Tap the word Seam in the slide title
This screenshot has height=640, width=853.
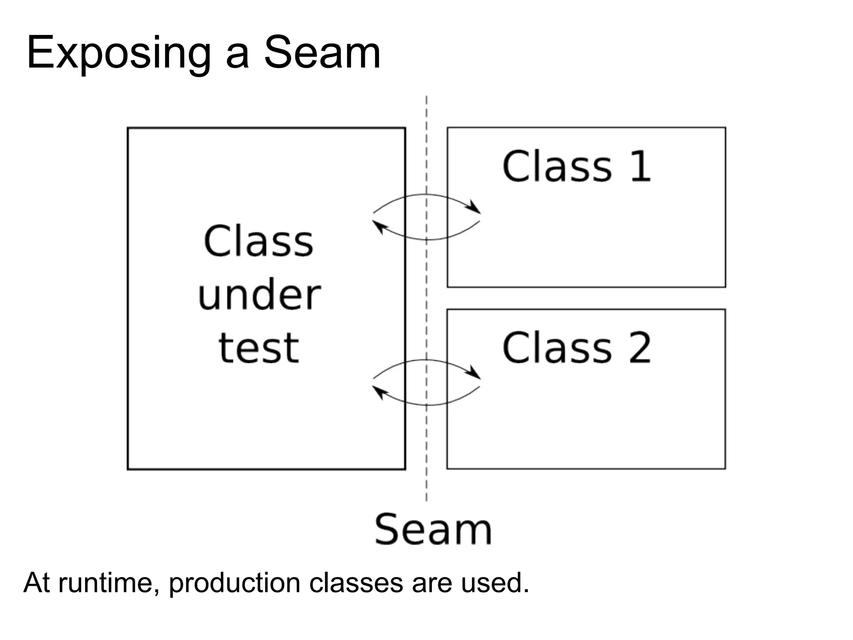pyautogui.click(x=322, y=53)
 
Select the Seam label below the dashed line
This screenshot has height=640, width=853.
pyautogui.click(x=433, y=530)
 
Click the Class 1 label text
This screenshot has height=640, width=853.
pyautogui.click(x=576, y=167)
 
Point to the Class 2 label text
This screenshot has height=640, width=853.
pyautogui.click(x=576, y=348)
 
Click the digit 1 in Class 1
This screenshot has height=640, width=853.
pyautogui.click(x=640, y=167)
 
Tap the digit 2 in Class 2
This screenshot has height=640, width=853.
pyautogui.click(x=640, y=348)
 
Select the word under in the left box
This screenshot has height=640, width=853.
pyautogui.click(x=259, y=295)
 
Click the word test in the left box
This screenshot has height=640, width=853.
pyautogui.click(x=259, y=348)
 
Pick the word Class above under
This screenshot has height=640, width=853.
pyautogui.click(x=259, y=242)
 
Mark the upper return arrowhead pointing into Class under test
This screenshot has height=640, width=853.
pyautogui.click(x=379, y=227)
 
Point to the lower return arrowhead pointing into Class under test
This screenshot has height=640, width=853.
pyautogui.click(x=379, y=392)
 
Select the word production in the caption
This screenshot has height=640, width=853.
pyautogui.click(x=234, y=582)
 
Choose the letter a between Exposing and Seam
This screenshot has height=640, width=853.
pyautogui.click(x=237, y=56)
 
